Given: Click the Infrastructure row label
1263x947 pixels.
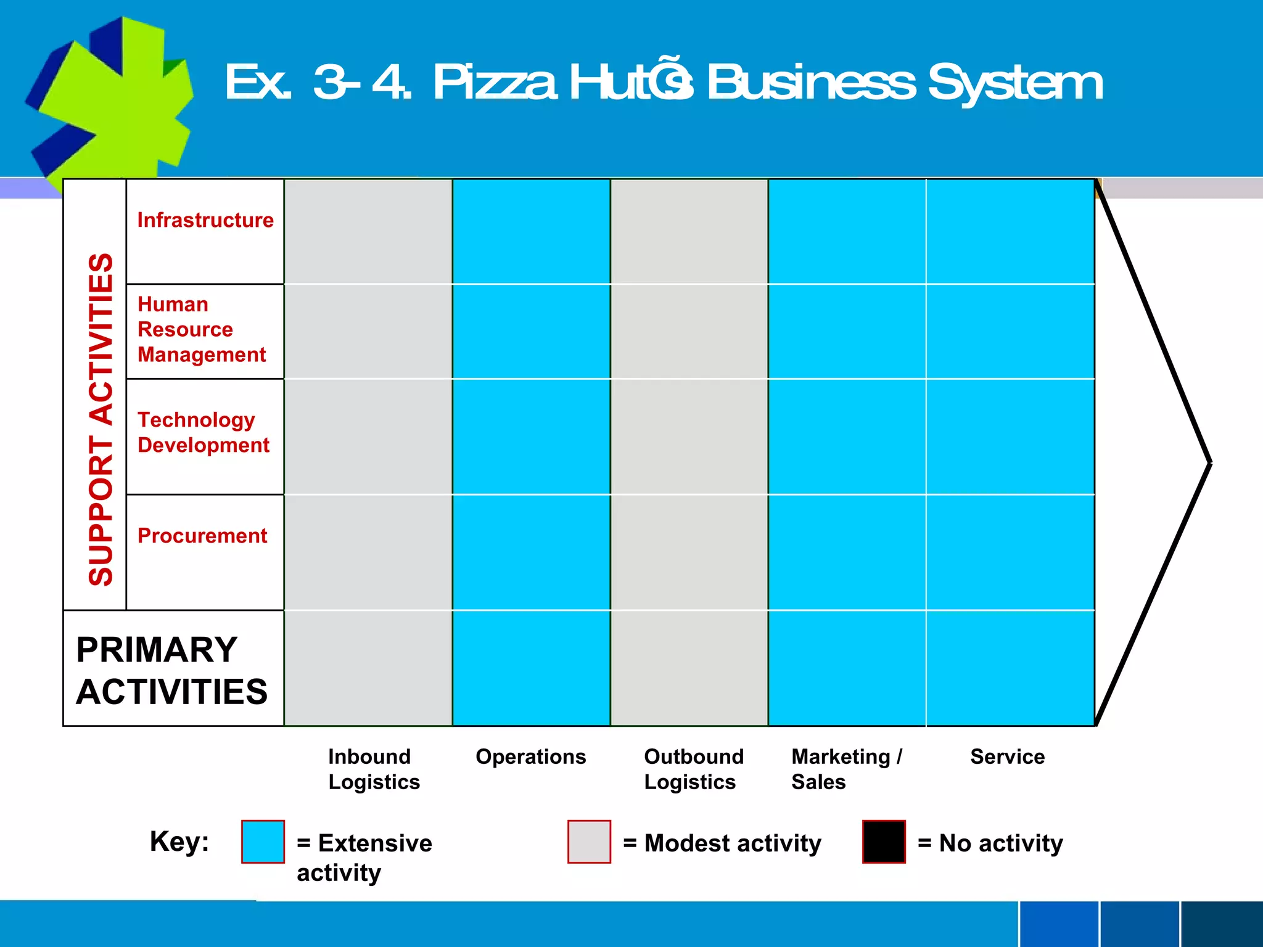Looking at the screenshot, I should click(205, 220).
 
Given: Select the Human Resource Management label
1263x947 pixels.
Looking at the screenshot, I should click(201, 329).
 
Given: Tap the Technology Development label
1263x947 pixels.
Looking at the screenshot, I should click(203, 432).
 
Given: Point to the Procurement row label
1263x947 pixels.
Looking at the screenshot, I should click(202, 536).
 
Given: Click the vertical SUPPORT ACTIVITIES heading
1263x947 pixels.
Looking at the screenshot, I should click(101, 419).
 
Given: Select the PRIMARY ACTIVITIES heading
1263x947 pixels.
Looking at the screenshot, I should click(171, 670).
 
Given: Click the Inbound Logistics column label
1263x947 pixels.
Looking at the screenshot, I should click(374, 769).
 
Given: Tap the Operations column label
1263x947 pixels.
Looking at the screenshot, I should click(530, 756).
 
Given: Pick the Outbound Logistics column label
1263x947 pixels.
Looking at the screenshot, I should click(693, 769).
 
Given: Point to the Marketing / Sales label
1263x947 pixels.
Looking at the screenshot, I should click(846, 769).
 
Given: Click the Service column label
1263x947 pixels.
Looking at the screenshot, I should click(1007, 756).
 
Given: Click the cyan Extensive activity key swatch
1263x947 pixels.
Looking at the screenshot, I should click(263, 842).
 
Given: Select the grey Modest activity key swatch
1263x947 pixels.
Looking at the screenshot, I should click(589, 842).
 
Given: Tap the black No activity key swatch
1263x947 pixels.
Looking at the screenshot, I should click(884, 842).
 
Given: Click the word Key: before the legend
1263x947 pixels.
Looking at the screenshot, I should click(179, 841).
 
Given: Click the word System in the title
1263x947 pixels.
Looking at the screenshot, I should click(1015, 83).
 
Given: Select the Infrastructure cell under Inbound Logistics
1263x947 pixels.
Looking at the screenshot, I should click(368, 232).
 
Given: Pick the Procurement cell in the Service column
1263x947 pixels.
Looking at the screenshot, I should click(1010, 552).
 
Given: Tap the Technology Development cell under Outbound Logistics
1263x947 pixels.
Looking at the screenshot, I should click(689, 437).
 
